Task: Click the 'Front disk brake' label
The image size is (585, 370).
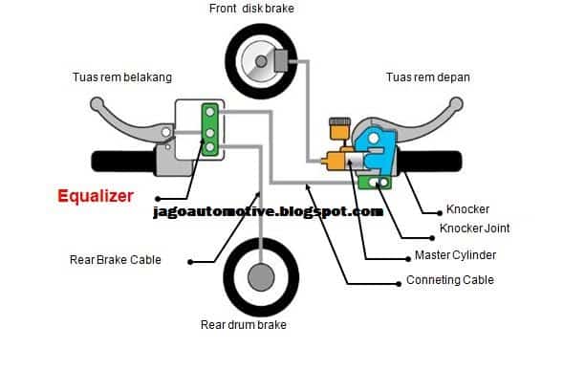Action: pos(253,10)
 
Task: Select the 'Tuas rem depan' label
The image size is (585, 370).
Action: pos(428,76)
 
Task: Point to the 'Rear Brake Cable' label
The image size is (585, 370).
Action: pos(116,259)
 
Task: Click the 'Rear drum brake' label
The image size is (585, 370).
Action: pos(243,325)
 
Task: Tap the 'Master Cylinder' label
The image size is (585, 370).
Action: pos(456,255)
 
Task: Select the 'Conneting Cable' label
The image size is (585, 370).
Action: pos(450,280)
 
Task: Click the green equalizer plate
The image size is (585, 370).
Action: pos(207,126)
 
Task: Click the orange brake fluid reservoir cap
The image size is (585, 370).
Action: pos(336,122)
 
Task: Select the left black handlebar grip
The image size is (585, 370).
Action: pos(119,159)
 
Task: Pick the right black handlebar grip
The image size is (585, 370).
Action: pos(449,161)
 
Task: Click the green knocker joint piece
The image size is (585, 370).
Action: pos(377,182)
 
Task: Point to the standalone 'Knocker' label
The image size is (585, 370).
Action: pos(469,207)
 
